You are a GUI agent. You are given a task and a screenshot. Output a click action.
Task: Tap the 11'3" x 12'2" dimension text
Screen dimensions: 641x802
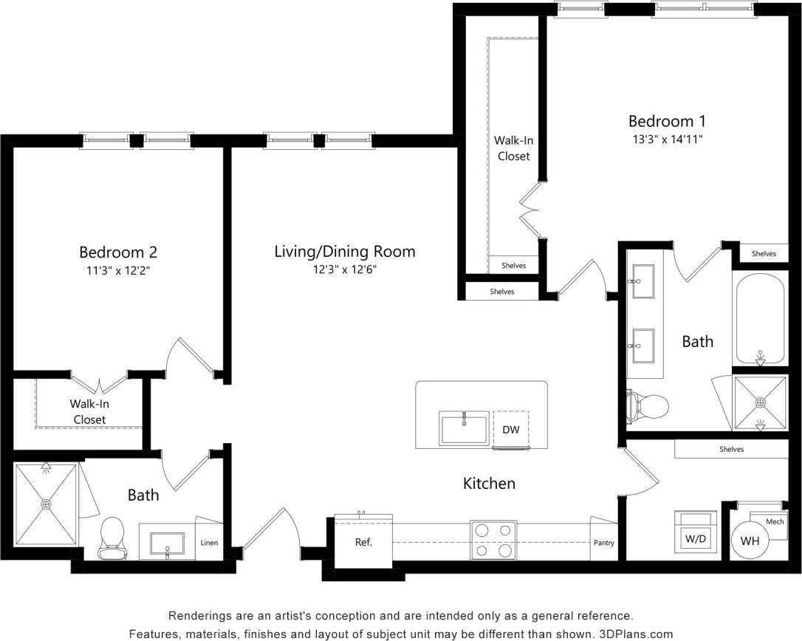(118, 270)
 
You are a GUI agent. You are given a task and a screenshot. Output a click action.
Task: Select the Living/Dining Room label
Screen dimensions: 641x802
(344, 252)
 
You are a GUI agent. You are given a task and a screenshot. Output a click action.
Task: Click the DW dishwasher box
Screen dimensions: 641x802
(510, 430)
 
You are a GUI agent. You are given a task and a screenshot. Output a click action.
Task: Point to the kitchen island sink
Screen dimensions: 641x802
(464, 428)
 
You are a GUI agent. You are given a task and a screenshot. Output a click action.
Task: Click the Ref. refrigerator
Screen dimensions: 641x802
(363, 542)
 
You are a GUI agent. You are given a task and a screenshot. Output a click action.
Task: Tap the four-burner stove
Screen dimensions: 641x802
(493, 540)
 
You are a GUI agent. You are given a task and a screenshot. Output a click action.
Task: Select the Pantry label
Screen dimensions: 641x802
(603, 543)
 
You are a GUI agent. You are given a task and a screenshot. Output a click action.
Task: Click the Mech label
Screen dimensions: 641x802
(775, 522)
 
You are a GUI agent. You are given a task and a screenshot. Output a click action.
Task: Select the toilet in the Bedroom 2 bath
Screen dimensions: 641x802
(112, 538)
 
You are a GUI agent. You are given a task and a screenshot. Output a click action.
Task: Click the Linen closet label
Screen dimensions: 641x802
(210, 543)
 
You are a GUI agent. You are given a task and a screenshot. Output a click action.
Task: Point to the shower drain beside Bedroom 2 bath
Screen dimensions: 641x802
(46, 504)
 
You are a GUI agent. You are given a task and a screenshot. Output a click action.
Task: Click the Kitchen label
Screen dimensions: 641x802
(488, 484)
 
